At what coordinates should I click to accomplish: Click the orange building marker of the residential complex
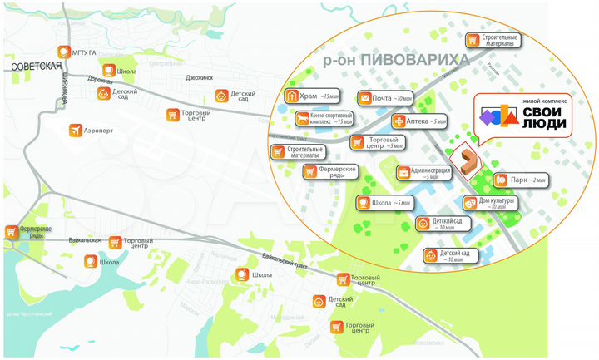click(466, 160)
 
